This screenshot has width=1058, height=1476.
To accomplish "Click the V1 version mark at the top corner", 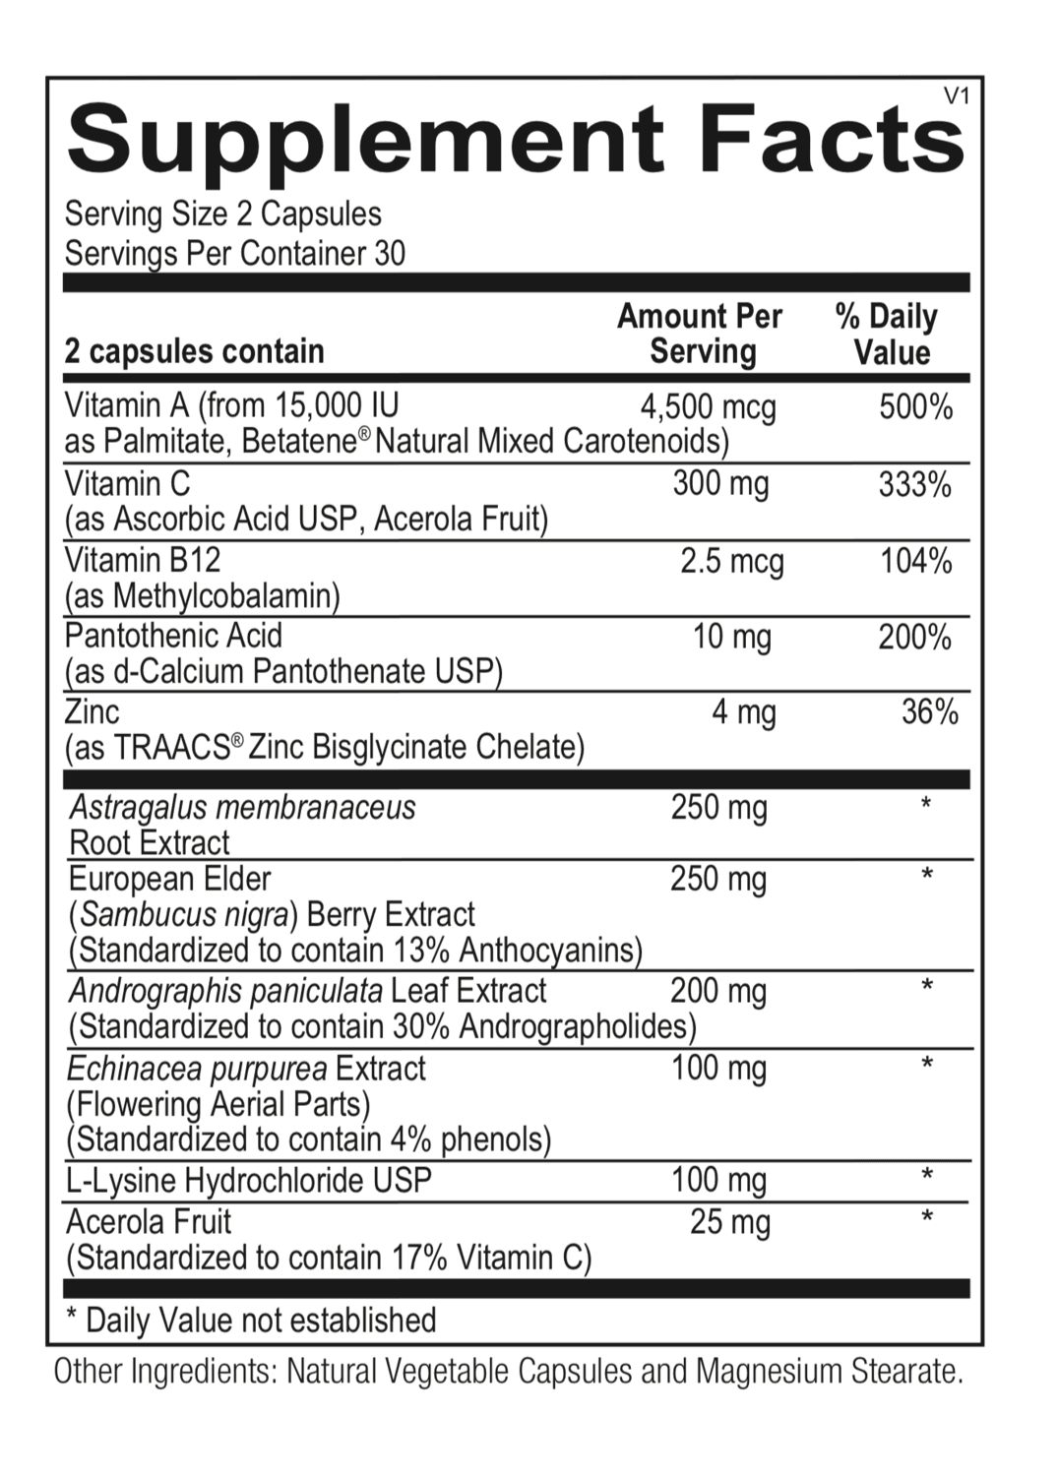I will [957, 95].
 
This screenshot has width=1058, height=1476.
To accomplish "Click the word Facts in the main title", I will [832, 140].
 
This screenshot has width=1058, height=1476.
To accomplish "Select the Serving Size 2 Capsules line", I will [222, 214].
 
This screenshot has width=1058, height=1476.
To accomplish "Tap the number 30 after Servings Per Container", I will [390, 254].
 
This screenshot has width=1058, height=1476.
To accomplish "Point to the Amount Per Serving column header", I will [700, 334].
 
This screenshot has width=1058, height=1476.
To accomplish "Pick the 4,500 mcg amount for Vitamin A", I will [708, 406].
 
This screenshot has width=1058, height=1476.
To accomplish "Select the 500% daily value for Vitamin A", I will [915, 406].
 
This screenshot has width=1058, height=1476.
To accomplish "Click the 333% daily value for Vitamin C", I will [915, 484].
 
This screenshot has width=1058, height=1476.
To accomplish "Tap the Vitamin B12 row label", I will [143, 560].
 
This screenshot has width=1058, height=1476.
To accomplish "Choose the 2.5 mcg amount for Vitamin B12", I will [732, 561].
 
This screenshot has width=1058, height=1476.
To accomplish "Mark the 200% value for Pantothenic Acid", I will [914, 637].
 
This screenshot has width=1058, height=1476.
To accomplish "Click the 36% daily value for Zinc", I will [929, 711].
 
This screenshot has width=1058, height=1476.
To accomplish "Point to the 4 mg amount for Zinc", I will [744, 711].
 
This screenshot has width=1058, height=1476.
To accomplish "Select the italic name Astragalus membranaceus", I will [243, 808].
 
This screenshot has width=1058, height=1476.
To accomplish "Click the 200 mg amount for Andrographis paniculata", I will [718, 990].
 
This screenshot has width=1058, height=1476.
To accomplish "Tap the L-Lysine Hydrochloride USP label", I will [249, 1180].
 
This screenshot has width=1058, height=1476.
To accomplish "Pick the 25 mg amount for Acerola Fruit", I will [730, 1222].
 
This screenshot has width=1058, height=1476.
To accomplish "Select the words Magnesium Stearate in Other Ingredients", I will [829, 1371].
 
